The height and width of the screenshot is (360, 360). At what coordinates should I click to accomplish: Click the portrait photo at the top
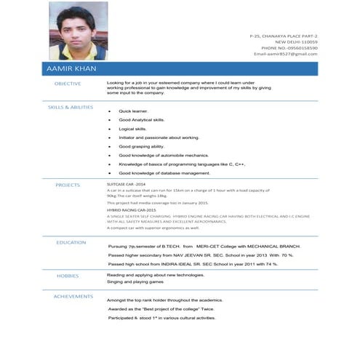tap(79, 31)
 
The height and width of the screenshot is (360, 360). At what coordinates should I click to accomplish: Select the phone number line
tap(290, 48)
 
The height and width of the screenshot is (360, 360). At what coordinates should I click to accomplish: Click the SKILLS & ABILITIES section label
tap(71, 107)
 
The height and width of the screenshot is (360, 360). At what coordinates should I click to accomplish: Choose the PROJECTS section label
tap(68, 185)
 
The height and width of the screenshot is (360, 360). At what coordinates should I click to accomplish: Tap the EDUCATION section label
tap(71, 242)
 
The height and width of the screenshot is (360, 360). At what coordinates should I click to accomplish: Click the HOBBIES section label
tap(68, 276)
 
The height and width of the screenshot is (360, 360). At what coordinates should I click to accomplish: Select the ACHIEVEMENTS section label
tap(73, 296)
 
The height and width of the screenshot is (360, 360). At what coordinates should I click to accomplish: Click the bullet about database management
tap(164, 173)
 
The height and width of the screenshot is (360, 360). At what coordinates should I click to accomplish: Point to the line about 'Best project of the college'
tap(161, 309)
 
